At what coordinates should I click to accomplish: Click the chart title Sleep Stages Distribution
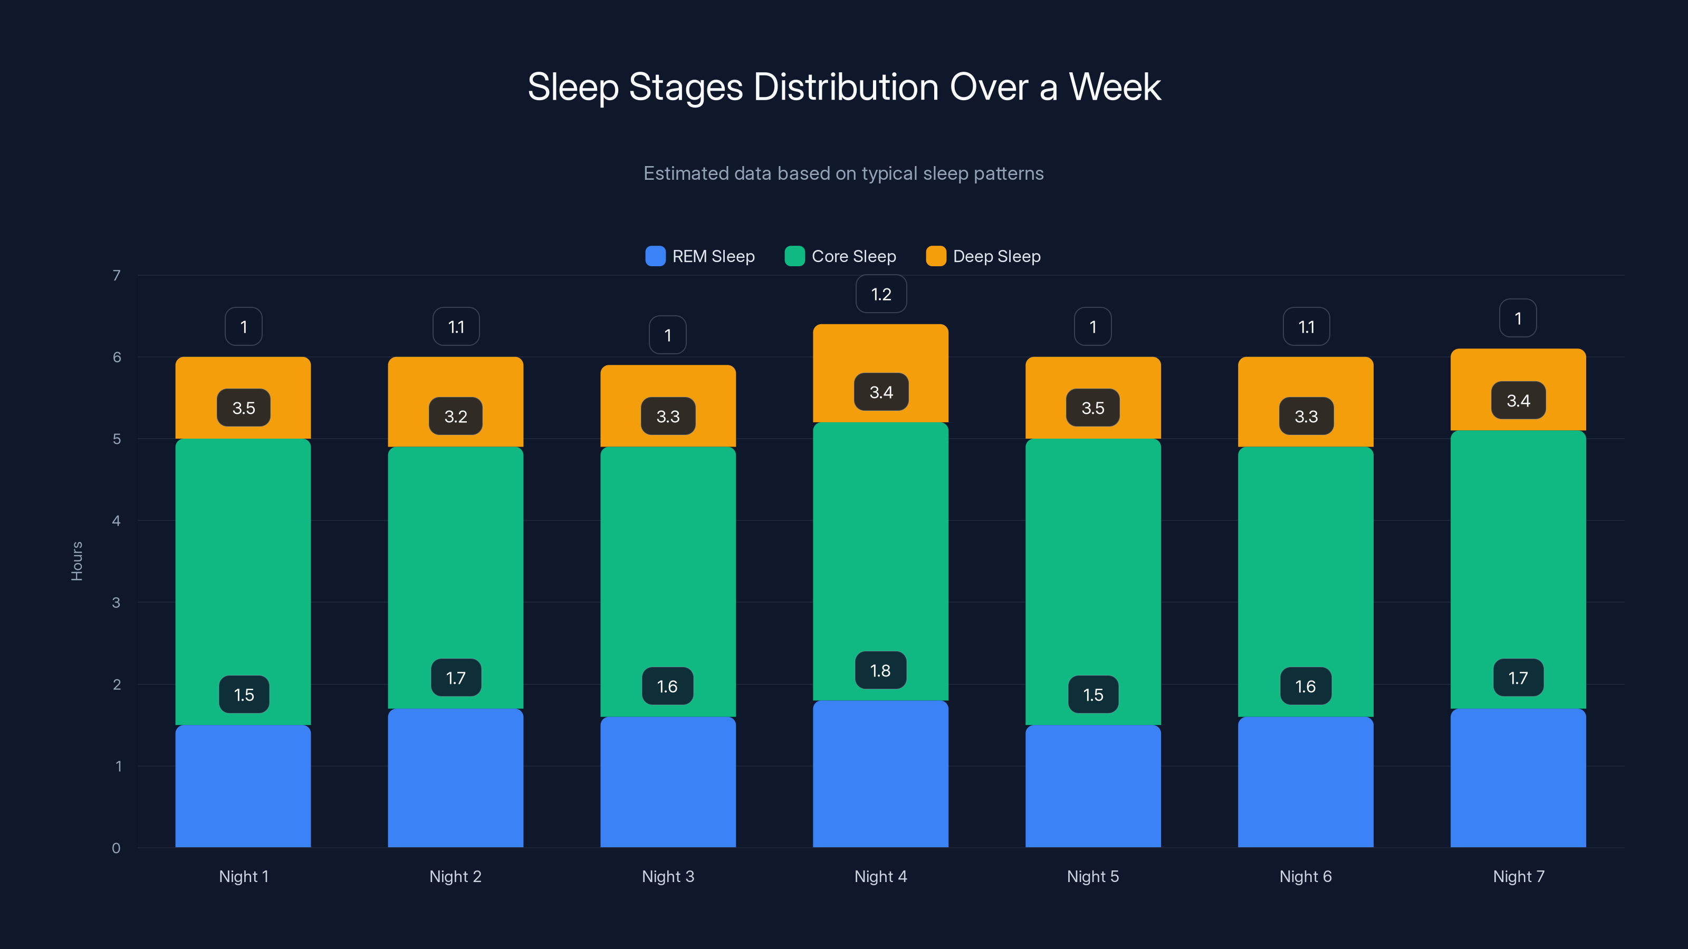pyautogui.click(x=844, y=87)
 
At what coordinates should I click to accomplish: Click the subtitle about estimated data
pyautogui.click(x=843, y=173)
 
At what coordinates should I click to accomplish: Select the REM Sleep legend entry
pyautogui.click(x=701, y=256)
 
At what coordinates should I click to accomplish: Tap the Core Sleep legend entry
pyautogui.click(x=841, y=256)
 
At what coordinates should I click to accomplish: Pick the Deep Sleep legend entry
pyautogui.click(x=984, y=256)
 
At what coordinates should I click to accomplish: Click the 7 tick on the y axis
pyautogui.click(x=117, y=276)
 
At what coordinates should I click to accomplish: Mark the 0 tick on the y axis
pyautogui.click(x=116, y=848)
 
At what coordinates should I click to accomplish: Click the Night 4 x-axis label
pyautogui.click(x=881, y=876)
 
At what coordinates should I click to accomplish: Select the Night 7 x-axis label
pyautogui.click(x=1518, y=876)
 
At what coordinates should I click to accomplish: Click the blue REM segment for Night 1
pyautogui.click(x=243, y=786)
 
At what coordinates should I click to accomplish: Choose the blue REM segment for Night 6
pyautogui.click(x=1306, y=782)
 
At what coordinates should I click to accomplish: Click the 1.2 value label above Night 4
pyautogui.click(x=881, y=294)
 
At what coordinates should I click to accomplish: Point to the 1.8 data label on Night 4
pyautogui.click(x=881, y=671)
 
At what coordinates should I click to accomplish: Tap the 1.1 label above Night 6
pyautogui.click(x=1306, y=327)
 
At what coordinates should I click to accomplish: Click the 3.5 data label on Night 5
pyautogui.click(x=1093, y=408)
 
